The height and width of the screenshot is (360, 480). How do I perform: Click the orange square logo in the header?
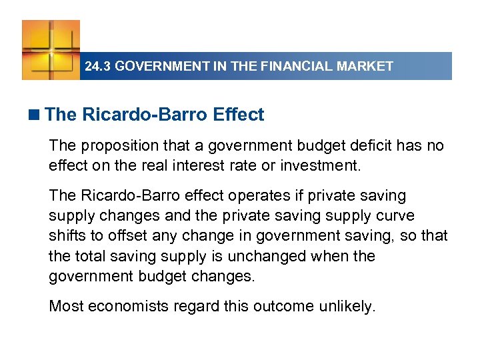click(x=51, y=49)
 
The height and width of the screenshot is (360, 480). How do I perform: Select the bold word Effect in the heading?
click(x=239, y=115)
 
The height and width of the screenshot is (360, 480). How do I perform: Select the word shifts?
click(x=66, y=236)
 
